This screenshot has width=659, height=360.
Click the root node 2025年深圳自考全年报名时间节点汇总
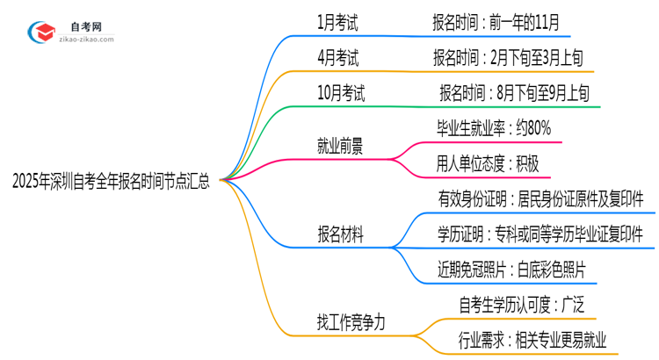tap(112, 183)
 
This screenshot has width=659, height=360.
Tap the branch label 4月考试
tap(337, 58)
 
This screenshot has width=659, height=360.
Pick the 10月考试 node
tap(340, 92)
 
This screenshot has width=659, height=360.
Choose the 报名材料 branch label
tap(341, 234)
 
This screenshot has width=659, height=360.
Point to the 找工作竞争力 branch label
tap(351, 321)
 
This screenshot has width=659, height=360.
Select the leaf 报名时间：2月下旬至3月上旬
tap(508, 58)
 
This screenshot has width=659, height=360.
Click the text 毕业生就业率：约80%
tap(493, 128)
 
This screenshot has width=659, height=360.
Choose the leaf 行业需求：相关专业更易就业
tap(532, 339)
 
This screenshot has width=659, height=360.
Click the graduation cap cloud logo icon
tap(40, 32)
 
